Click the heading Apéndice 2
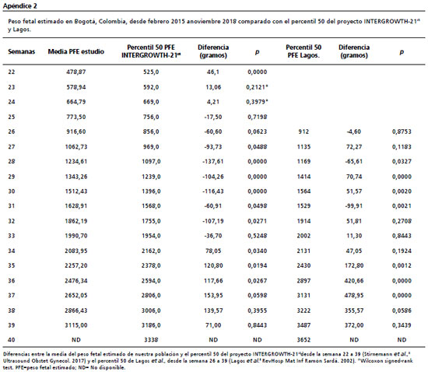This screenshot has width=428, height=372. [x=19, y=6]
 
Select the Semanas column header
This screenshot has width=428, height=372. [x=21, y=51]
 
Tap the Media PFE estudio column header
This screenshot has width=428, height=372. [x=76, y=51]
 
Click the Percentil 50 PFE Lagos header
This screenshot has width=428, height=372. [x=303, y=51]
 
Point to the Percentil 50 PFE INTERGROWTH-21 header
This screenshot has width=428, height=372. [x=151, y=51]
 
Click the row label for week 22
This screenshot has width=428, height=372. [x=12, y=72]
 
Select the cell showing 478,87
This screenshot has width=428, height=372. [x=76, y=72]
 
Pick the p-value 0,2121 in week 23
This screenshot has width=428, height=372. [x=257, y=87]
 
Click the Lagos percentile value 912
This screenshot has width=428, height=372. [x=303, y=132]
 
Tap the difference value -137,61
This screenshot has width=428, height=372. [x=213, y=162]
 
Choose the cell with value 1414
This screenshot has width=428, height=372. [x=303, y=177]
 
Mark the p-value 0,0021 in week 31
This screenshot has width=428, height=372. [x=402, y=206]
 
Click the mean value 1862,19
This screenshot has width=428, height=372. [x=76, y=221]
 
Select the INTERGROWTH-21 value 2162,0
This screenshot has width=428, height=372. [x=151, y=251]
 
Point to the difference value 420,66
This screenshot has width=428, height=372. [x=354, y=281]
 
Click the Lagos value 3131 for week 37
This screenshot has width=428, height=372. [x=303, y=295]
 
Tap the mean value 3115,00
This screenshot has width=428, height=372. [x=76, y=325]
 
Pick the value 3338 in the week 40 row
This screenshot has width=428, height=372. [x=151, y=340]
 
